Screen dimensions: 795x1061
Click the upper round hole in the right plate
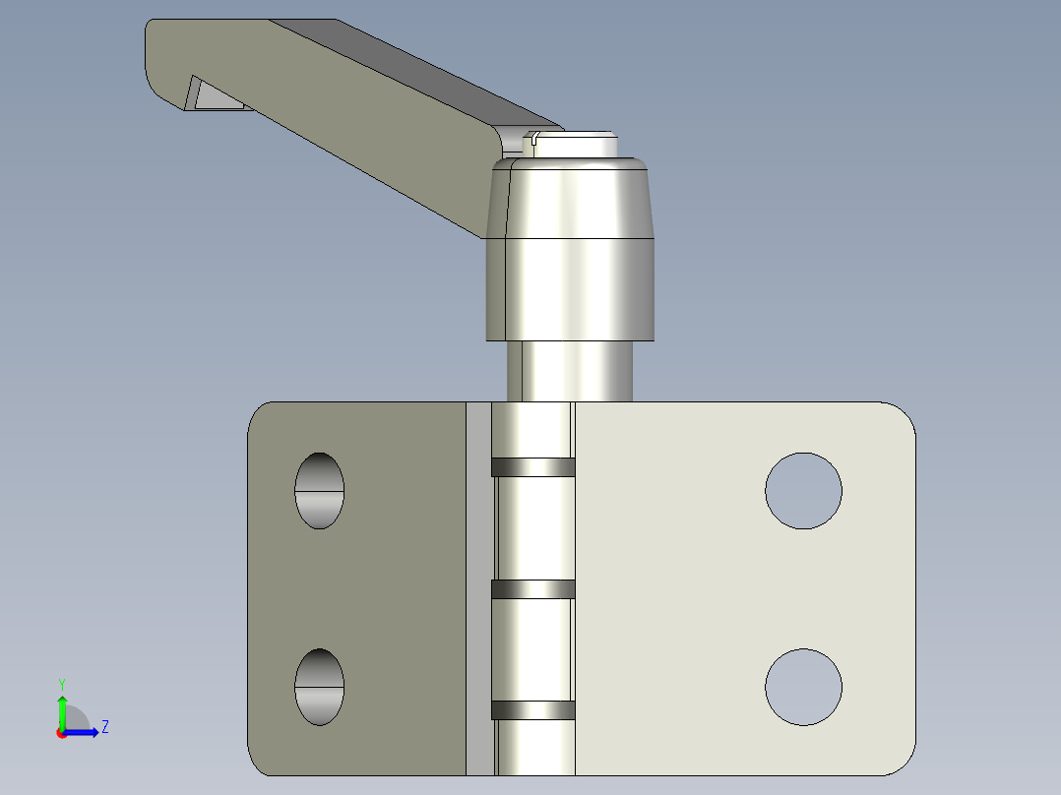click(804, 491)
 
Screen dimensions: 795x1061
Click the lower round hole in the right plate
click(804, 687)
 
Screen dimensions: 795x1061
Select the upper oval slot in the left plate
click(320, 491)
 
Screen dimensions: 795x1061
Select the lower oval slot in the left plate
click(320, 687)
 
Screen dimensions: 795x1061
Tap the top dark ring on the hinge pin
click(532, 466)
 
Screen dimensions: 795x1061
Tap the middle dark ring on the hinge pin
click(532, 589)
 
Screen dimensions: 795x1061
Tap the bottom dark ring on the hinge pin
click(532, 709)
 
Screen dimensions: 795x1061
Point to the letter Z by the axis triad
click(104, 727)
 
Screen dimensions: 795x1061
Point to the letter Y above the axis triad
click(62, 683)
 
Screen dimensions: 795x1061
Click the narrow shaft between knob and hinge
click(570, 371)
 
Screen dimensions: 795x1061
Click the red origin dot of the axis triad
click(61, 733)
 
